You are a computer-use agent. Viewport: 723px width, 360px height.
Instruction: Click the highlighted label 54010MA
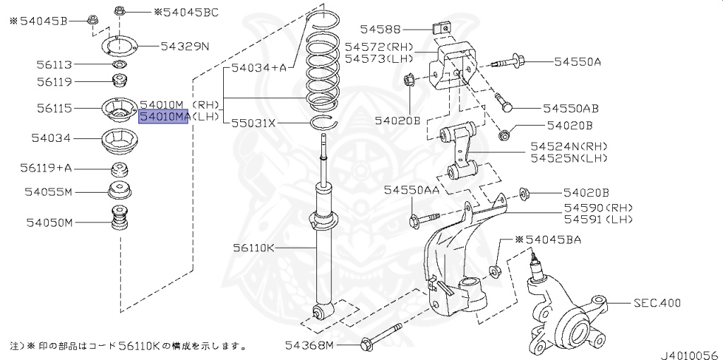click(164, 116)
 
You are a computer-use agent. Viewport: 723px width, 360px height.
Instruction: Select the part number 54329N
click(184, 47)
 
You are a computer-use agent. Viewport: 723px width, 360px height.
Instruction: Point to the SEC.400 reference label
click(657, 304)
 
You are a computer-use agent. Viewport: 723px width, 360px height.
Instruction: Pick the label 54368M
click(309, 345)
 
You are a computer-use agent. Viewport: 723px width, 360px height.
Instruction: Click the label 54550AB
click(570, 109)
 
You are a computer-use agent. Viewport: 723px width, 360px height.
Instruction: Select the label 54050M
click(50, 223)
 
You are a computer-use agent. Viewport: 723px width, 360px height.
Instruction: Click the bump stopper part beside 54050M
click(119, 219)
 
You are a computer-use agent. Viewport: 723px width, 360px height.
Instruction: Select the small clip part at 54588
click(441, 29)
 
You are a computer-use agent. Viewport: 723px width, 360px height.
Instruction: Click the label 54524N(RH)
click(569, 146)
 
